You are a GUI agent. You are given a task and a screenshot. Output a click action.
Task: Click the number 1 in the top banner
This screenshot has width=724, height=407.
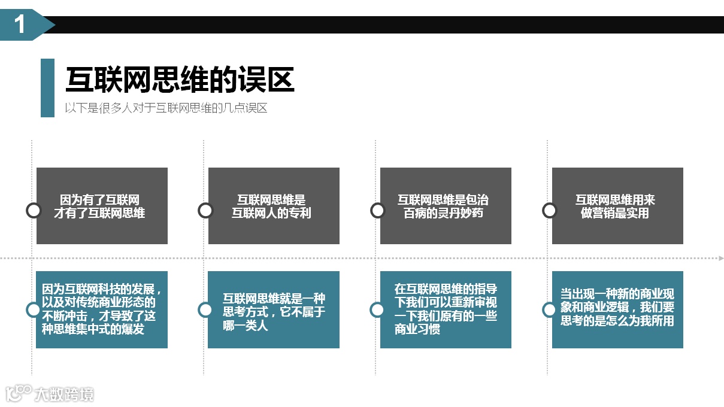tap(20, 25)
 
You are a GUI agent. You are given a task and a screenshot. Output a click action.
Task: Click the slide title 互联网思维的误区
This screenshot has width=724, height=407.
tap(180, 80)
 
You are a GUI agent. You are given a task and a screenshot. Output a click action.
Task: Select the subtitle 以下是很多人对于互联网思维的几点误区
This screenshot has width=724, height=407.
tap(166, 108)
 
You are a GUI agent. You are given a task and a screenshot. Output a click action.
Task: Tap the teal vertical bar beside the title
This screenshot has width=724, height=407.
tap(47, 87)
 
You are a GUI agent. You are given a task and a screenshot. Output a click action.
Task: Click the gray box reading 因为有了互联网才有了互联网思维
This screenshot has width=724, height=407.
tap(102, 206)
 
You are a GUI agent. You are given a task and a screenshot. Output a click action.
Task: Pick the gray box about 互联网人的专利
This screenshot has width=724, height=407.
tap(274, 206)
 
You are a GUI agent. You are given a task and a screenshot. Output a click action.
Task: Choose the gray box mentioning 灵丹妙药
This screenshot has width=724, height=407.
tap(446, 206)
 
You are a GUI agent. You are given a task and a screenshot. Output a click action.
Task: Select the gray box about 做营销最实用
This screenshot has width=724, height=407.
tap(617, 206)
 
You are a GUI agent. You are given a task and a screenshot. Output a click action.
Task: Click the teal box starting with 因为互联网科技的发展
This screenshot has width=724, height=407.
tap(102, 309)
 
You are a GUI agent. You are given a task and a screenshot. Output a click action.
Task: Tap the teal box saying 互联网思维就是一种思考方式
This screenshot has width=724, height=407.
tap(274, 309)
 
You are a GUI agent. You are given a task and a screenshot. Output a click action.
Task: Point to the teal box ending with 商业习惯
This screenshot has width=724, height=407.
tap(446, 309)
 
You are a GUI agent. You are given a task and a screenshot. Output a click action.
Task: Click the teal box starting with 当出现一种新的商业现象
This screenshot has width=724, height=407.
tap(617, 309)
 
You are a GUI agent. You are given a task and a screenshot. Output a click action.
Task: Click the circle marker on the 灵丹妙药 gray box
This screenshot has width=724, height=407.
tap(377, 210)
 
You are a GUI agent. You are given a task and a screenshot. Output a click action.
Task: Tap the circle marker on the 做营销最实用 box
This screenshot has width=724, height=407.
tap(549, 210)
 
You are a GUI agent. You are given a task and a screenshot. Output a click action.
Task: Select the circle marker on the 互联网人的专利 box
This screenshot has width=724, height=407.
tap(205, 210)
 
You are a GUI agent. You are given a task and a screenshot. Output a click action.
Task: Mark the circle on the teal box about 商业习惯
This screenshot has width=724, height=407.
tap(377, 309)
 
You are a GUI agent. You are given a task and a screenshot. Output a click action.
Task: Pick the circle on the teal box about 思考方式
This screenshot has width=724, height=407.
tap(205, 309)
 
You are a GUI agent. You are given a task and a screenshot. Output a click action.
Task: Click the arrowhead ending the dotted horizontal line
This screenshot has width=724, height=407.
tap(720, 259)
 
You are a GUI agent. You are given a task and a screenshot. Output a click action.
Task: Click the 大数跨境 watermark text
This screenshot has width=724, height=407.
tap(63, 394)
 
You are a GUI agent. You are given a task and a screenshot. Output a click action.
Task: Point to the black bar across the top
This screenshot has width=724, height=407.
tap(389, 25)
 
